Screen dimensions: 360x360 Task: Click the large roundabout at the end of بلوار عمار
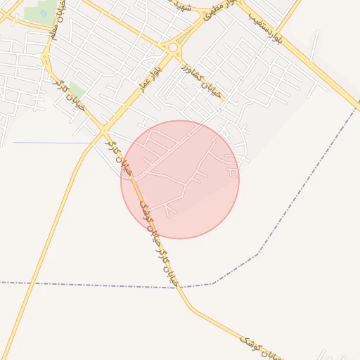(x=172, y=48)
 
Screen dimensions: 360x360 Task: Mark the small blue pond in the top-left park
(x=44, y=13)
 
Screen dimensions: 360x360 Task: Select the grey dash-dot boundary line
(x=105, y=285)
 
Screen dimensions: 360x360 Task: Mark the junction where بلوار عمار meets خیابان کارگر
(x=104, y=130)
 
